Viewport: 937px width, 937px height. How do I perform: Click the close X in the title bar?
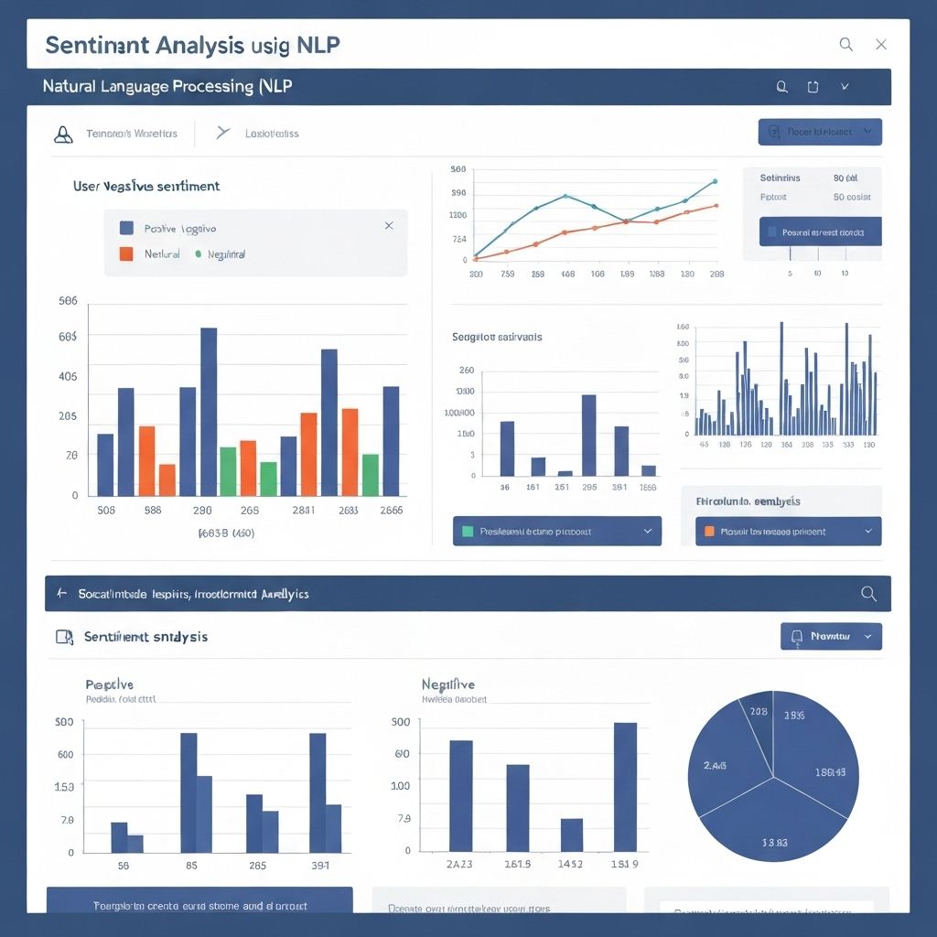(x=880, y=44)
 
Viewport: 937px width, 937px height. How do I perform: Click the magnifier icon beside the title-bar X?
(x=845, y=44)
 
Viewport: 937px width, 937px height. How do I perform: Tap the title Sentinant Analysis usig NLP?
(x=192, y=45)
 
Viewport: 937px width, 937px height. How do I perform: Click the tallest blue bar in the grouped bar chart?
(x=209, y=412)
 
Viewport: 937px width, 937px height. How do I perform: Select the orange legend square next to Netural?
(x=126, y=253)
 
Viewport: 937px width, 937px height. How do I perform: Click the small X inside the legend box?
(x=389, y=225)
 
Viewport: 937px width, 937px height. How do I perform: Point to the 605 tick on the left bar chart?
(x=68, y=337)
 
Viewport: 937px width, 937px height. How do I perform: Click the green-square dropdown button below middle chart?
(x=556, y=531)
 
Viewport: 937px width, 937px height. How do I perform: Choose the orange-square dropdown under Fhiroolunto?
(x=788, y=531)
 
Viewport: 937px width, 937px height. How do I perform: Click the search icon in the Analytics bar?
(x=868, y=594)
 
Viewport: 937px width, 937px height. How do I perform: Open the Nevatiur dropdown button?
(x=831, y=636)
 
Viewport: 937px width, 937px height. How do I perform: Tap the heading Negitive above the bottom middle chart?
(x=447, y=684)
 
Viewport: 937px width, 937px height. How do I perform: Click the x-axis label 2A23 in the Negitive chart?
(x=459, y=865)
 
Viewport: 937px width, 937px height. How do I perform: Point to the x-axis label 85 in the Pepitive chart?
(x=191, y=865)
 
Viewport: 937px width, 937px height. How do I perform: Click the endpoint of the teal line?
(x=714, y=181)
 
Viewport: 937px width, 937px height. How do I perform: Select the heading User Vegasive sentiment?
(x=146, y=186)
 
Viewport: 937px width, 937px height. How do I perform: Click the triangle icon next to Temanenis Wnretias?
(x=63, y=135)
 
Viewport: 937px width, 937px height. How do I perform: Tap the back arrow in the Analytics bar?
(x=62, y=594)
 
